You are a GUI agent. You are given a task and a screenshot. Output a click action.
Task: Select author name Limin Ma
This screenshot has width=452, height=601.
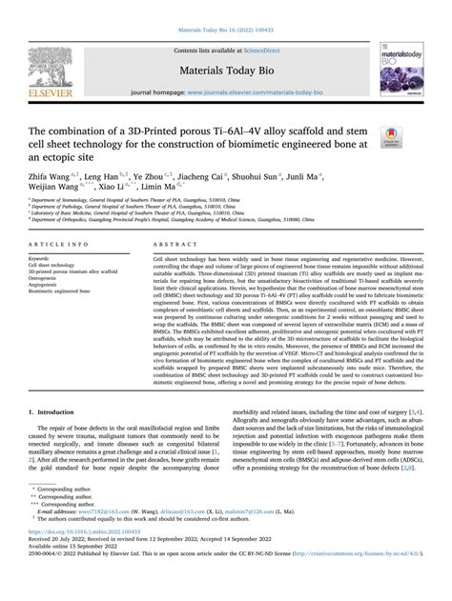coord(168,191)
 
